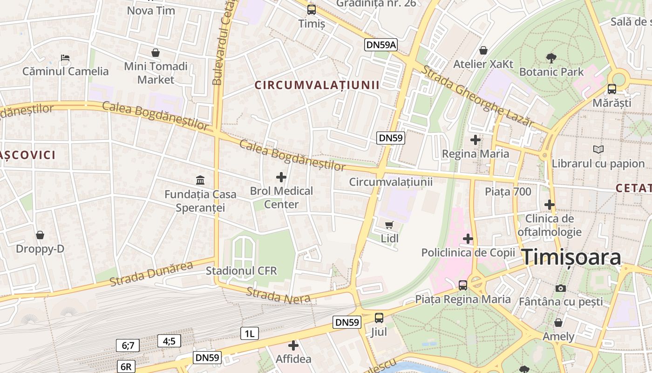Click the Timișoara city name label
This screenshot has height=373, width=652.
coord(571,257)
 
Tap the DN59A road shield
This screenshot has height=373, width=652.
coord(380,45)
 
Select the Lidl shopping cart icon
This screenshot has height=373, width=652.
coord(389,225)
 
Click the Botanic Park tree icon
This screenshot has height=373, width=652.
coord(551,58)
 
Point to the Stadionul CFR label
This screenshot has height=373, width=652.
coord(241,271)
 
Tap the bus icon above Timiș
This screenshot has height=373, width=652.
coord(311,9)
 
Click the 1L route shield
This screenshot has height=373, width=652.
coord(250,333)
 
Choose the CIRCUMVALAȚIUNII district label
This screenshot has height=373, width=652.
coord(317,85)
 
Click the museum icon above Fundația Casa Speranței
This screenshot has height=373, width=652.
coord(200,180)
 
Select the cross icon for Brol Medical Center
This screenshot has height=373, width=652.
coord(281,177)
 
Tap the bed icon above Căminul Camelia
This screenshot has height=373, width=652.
coord(65,58)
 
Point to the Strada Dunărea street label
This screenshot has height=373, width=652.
coord(151,274)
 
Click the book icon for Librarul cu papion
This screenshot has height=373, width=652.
coord(598,149)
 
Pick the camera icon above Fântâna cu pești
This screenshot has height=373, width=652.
coord(561,288)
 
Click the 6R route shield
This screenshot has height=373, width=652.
coord(126,366)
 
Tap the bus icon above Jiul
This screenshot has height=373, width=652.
coord(379,318)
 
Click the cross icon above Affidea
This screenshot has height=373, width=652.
coord(293,345)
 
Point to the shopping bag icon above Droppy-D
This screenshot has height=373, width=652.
coord(40,235)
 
